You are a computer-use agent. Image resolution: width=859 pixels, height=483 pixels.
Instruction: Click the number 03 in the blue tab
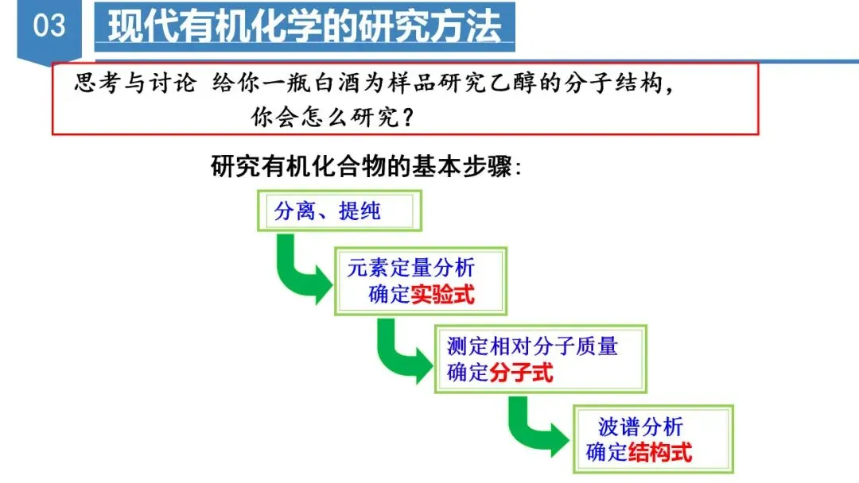pyautogui.click(x=49, y=25)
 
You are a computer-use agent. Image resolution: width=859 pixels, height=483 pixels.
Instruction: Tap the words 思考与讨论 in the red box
pyautogui.click(x=134, y=83)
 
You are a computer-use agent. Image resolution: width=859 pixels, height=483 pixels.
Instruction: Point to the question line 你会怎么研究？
pyautogui.click(x=332, y=118)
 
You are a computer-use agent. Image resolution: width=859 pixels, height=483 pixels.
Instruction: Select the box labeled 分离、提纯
pyautogui.click(x=338, y=211)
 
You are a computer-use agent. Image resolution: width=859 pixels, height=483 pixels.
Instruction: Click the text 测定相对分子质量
pyautogui.click(x=532, y=346)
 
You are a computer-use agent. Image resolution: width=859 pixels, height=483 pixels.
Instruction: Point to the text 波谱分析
pyautogui.click(x=640, y=427)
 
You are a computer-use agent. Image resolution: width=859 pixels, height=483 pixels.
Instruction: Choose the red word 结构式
pyautogui.click(x=660, y=453)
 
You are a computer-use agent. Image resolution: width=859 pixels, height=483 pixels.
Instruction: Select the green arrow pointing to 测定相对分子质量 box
pyautogui.click(x=402, y=350)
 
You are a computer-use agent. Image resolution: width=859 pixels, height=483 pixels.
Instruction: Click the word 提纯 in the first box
pyautogui.click(x=360, y=211)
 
